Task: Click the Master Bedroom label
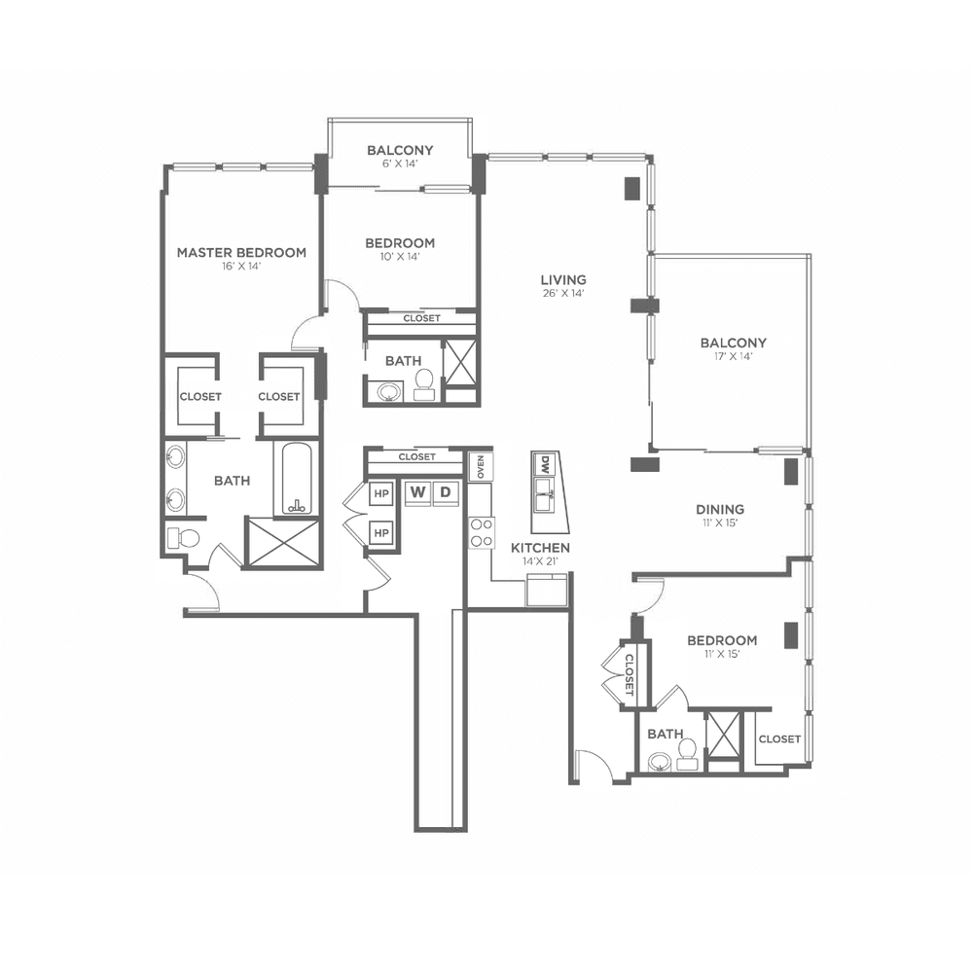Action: click(x=241, y=253)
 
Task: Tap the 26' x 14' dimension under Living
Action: click(x=563, y=294)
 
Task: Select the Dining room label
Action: click(x=720, y=510)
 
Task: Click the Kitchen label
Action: click(x=540, y=548)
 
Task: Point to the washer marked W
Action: click(x=418, y=492)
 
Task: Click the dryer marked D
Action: click(x=446, y=492)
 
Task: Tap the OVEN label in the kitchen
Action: click(x=481, y=467)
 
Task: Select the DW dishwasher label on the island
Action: click(x=545, y=463)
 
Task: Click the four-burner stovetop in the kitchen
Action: click(x=483, y=533)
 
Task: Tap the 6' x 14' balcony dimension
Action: click(x=400, y=163)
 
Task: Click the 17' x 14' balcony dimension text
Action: click(x=734, y=356)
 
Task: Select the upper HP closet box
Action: click(x=381, y=494)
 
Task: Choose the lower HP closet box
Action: click(x=381, y=533)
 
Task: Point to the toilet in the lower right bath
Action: click(x=686, y=754)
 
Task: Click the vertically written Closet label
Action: click(x=629, y=674)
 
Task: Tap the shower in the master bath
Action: click(x=283, y=542)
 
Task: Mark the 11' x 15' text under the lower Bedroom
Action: click(x=722, y=654)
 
